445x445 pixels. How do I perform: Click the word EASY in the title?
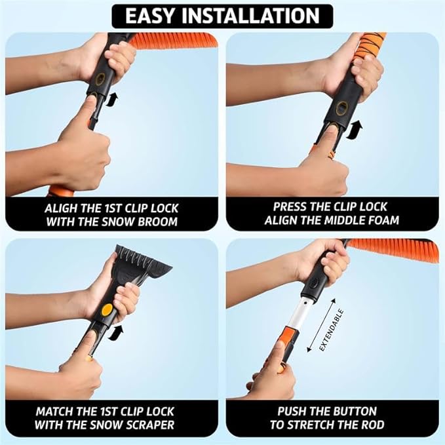click(155, 15)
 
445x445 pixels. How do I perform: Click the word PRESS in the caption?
click(292, 206)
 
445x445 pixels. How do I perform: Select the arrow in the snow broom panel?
click(115, 100)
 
